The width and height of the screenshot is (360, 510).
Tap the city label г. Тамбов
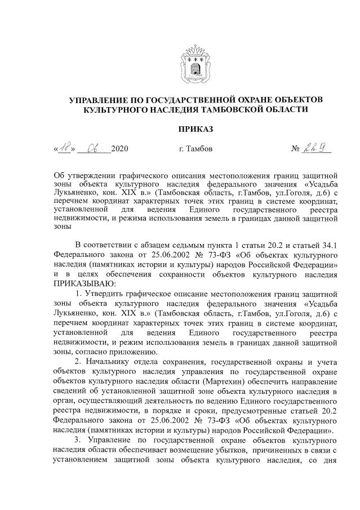(195, 149)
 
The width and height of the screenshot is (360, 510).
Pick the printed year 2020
(120, 150)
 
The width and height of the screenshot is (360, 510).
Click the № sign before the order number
(296, 150)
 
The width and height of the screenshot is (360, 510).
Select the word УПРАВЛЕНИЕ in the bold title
(100, 100)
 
